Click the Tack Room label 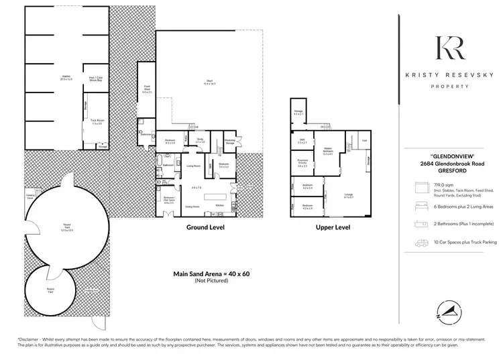tap(96, 123)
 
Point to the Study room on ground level tap(199, 141)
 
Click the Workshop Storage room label tap(229, 141)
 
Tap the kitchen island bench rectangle tap(219, 206)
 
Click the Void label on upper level tap(364, 141)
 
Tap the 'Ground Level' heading tap(205, 228)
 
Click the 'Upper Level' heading tap(333, 228)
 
